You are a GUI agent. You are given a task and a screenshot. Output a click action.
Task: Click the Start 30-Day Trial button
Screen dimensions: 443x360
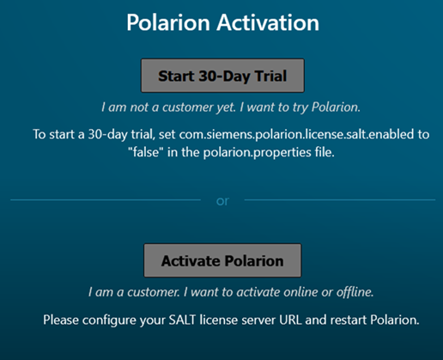[222, 76]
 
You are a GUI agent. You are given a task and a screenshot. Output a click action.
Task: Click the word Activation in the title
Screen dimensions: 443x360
[268, 22]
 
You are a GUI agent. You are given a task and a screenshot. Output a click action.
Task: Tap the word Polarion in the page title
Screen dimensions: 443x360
[168, 22]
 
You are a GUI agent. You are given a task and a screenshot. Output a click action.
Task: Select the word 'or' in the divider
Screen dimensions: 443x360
[222, 201]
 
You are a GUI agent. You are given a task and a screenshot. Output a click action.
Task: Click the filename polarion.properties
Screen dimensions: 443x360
[257, 153]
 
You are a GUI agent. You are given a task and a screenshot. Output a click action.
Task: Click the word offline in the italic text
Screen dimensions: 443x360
[355, 292]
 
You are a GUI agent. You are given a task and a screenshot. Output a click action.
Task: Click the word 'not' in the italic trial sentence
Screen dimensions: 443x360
[139, 107]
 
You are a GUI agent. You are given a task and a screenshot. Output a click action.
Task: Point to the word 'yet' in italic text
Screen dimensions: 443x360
[226, 107]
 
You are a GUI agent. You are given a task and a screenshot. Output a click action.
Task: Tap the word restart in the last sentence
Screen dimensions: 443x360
[348, 320]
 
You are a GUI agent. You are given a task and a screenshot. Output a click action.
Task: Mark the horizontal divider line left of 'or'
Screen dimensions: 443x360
[106, 199]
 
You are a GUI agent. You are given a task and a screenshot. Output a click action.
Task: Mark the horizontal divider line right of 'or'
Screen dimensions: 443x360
[340, 199]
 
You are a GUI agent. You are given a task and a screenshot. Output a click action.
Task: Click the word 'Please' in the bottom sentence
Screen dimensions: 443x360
[61, 320]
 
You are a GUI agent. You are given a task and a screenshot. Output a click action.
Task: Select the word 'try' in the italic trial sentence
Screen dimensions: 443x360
[300, 107]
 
